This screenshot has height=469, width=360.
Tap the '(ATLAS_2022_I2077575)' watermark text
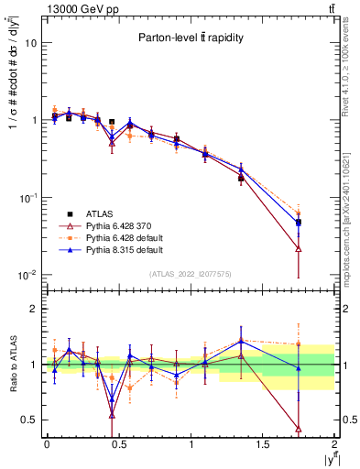tap(191, 274)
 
